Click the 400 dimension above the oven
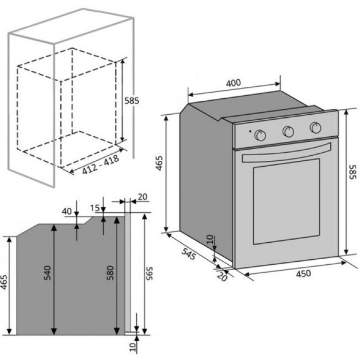[233, 83]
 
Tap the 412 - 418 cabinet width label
[101, 164]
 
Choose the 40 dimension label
[66, 211]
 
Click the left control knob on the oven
[261, 135]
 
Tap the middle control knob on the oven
[289, 131]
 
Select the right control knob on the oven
[316, 127]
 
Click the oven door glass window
[286, 202]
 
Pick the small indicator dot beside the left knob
[250, 132]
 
